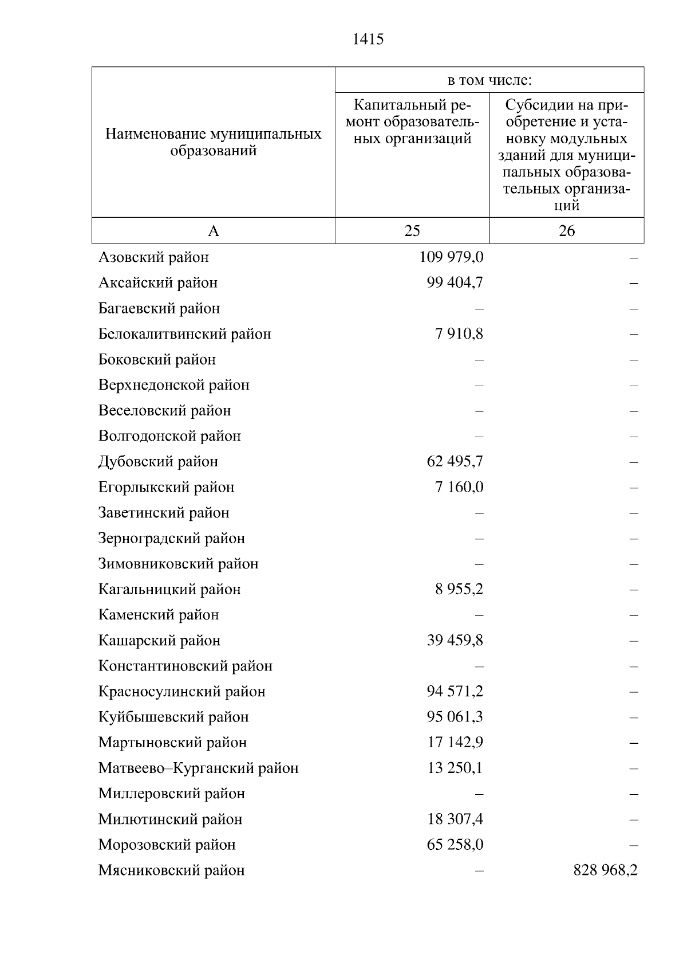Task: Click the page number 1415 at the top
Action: (368, 40)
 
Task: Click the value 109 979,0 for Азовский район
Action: (451, 257)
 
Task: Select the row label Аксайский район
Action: (158, 283)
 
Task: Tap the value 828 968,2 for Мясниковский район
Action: (605, 870)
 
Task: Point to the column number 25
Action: (412, 231)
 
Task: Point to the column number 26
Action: (566, 231)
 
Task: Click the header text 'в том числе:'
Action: (489, 80)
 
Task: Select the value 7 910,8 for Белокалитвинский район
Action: (459, 334)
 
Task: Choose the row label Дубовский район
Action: (158, 462)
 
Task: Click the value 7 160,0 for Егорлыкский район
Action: (459, 487)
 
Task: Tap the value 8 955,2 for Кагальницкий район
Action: (459, 589)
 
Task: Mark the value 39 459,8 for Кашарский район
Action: (455, 640)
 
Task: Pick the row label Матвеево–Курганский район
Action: (198, 768)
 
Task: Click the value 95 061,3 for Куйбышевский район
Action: (455, 717)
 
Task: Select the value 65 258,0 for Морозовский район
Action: (455, 845)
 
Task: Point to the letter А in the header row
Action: (213, 231)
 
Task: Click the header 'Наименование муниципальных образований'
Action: (213, 143)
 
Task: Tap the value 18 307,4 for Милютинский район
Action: (455, 819)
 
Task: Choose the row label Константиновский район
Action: (185, 666)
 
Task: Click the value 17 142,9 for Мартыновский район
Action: (455, 743)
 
